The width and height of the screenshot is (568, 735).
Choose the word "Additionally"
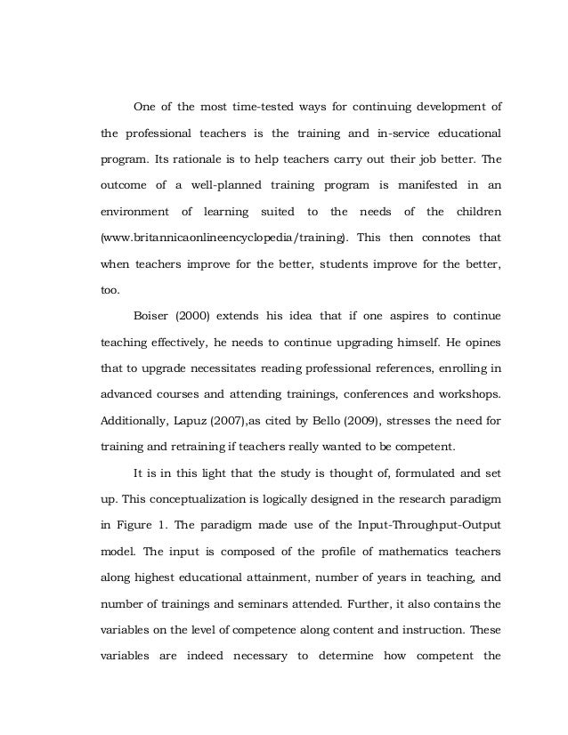coord(135,419)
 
